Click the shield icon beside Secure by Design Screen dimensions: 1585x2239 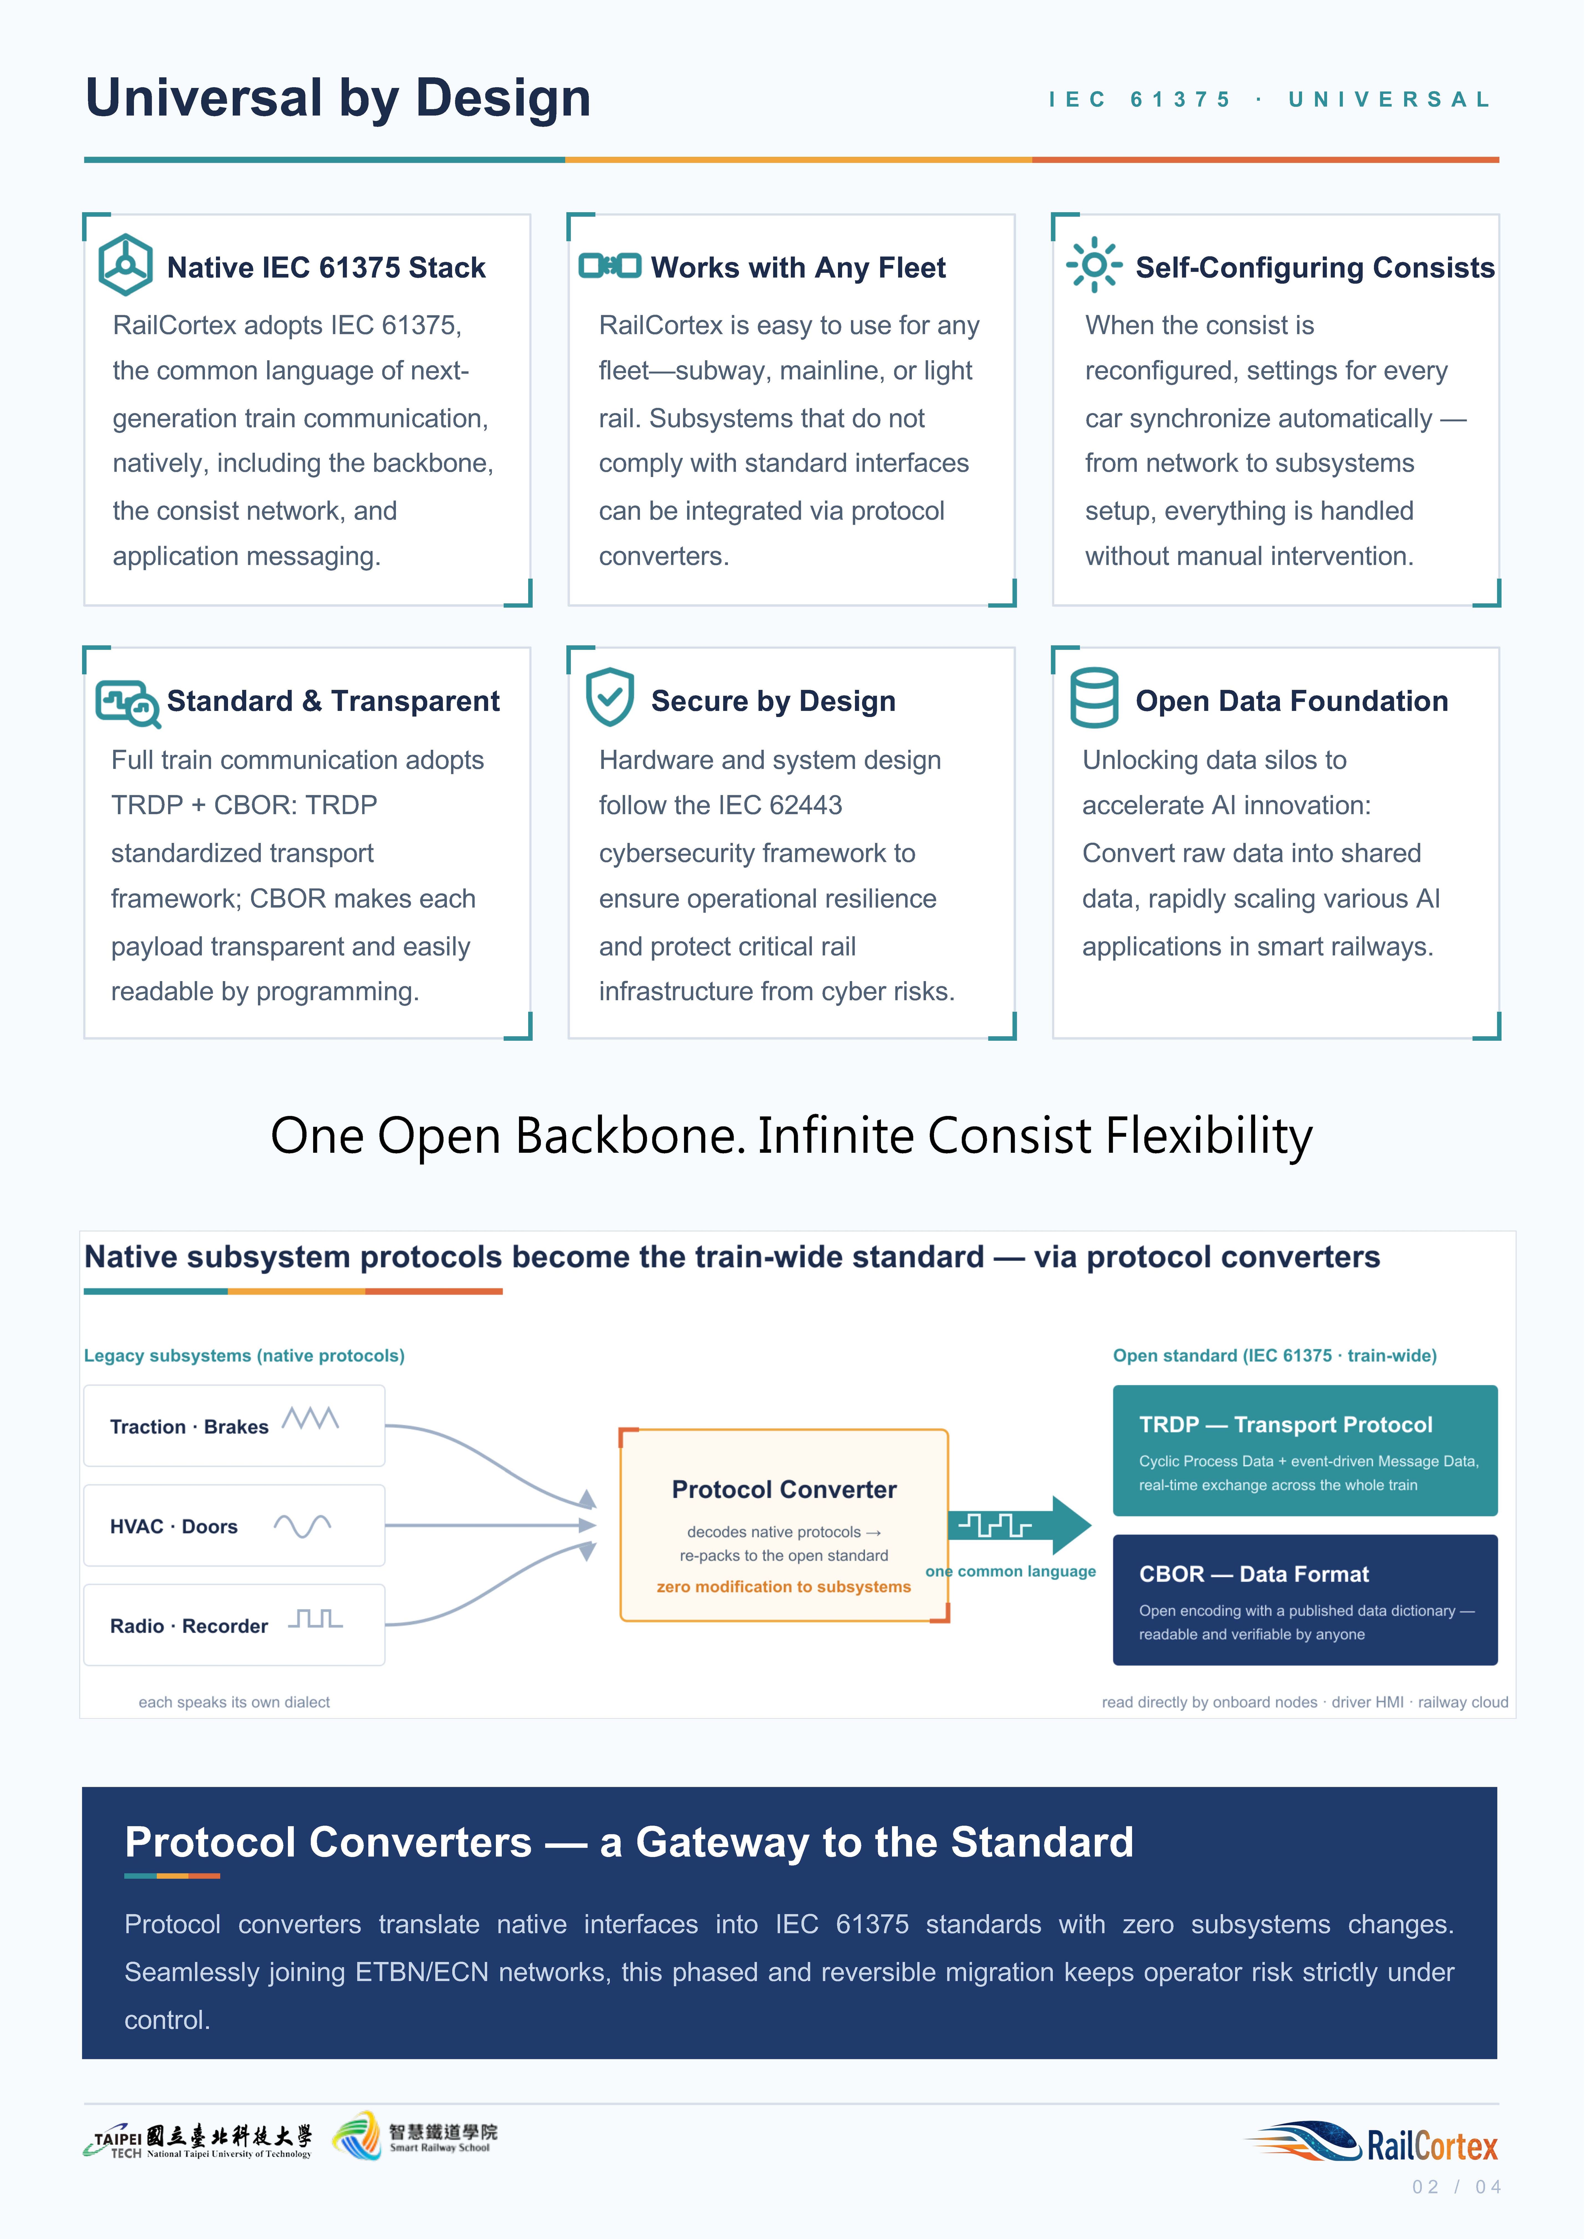[610, 697]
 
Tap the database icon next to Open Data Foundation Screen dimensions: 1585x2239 [1094, 698]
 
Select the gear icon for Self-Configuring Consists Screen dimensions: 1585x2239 [1094, 265]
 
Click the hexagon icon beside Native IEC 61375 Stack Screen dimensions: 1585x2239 [125, 265]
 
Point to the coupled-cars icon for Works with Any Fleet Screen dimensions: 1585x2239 [610, 265]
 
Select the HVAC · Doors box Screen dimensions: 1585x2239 [234, 1526]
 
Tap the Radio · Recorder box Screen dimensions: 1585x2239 [234, 1625]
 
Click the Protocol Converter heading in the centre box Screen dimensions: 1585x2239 [784, 1490]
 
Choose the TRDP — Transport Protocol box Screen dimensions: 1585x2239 [1305, 1450]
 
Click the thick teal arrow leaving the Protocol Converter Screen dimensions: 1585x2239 [1020, 1524]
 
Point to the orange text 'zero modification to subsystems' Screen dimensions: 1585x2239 [784, 1587]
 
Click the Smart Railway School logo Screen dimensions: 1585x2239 [415, 2136]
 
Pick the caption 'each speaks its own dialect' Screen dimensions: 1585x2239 [234, 1702]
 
